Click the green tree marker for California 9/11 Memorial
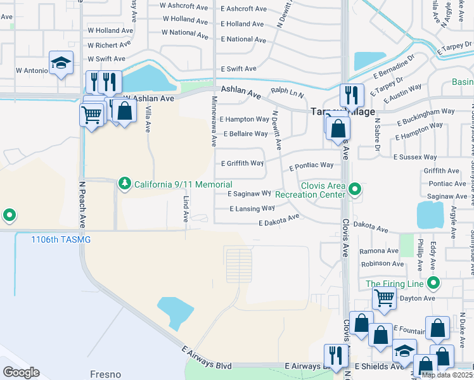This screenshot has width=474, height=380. tap(125, 184)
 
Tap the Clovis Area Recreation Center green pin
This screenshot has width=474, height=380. tap(355, 189)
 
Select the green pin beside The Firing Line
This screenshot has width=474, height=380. tap(433, 282)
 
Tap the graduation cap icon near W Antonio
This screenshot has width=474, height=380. tap(61, 63)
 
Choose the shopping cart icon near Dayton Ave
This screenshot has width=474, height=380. tap(384, 298)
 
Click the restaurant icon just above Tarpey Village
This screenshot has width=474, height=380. tap(351, 95)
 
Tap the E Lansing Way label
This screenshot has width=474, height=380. tap(252, 208)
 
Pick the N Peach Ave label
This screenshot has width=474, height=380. tap(81, 205)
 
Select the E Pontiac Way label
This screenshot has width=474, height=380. tap(311, 167)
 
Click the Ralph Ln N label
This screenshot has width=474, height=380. tap(288, 91)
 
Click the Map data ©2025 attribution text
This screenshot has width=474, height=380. tap(447, 375)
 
